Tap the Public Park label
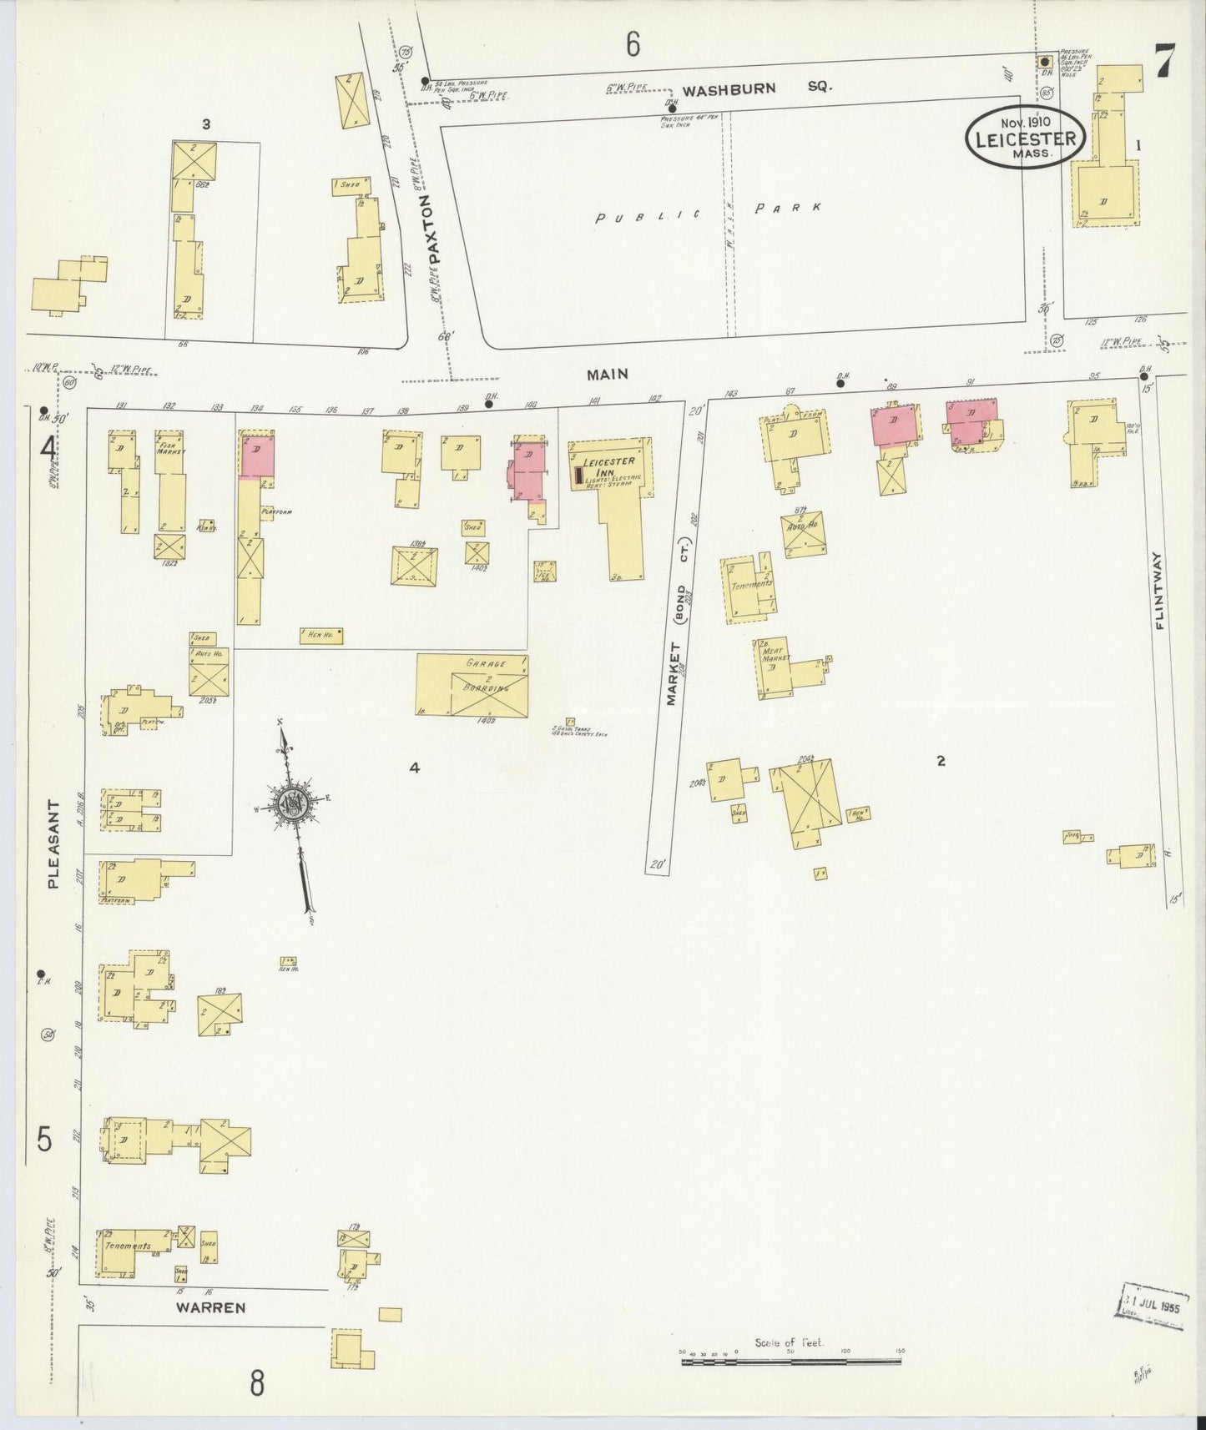tap(708, 213)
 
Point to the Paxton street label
tap(430, 229)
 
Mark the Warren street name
tap(210, 1307)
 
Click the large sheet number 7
tap(1166, 60)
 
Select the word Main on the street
tap(607, 375)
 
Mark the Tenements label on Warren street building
tap(128, 1246)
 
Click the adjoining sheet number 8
tap(257, 1383)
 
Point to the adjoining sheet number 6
tap(633, 44)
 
